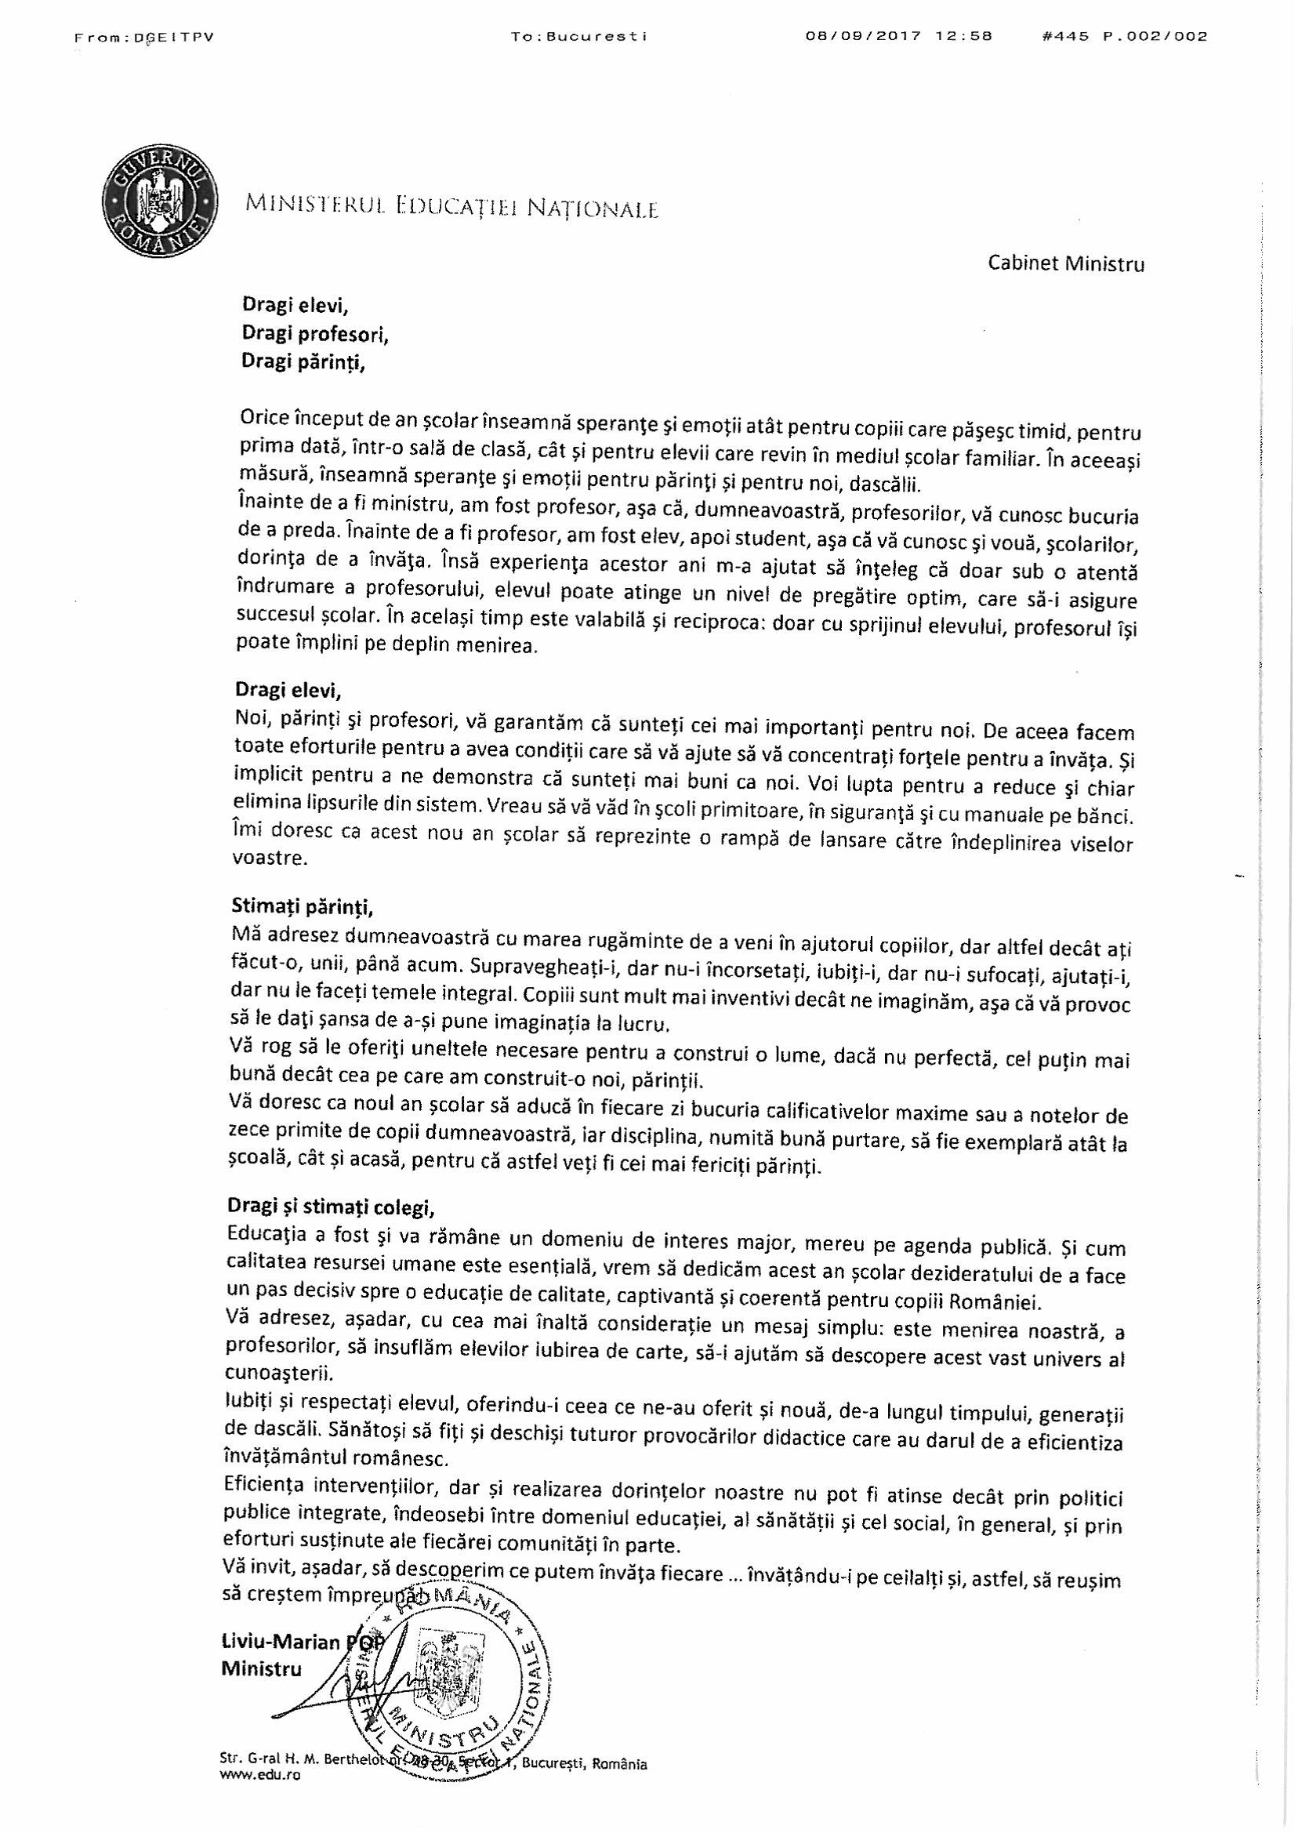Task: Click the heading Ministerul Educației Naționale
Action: point(452,207)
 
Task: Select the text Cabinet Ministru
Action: point(1066,263)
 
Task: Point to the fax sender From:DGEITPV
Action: point(144,37)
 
